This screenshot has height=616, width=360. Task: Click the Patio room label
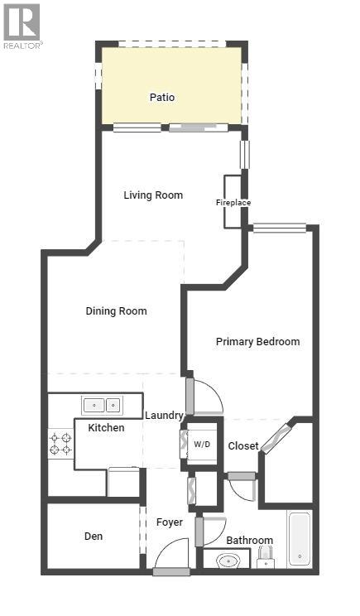pyautogui.click(x=162, y=97)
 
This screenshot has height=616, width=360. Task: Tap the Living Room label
pyautogui.click(x=153, y=195)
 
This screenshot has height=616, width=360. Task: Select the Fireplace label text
pyautogui.click(x=233, y=203)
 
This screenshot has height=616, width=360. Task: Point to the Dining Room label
pyautogui.click(x=116, y=311)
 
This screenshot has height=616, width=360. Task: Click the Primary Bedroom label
pyautogui.click(x=257, y=341)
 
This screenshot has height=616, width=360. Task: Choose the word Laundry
pyautogui.click(x=164, y=415)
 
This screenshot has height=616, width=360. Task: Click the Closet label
pyautogui.click(x=243, y=445)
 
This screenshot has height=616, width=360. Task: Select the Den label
pyautogui.click(x=94, y=536)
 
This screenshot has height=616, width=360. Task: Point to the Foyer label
pyautogui.click(x=170, y=522)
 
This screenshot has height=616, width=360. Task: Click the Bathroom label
pyautogui.click(x=249, y=540)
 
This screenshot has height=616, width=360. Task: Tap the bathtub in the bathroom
pyautogui.click(x=300, y=540)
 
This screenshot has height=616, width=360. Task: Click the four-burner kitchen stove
pyautogui.click(x=60, y=443)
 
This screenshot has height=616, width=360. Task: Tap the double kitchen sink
pyautogui.click(x=102, y=405)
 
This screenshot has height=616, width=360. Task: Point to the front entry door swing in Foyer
pyautogui.click(x=171, y=555)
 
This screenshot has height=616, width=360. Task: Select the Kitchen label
pyautogui.click(x=107, y=427)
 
